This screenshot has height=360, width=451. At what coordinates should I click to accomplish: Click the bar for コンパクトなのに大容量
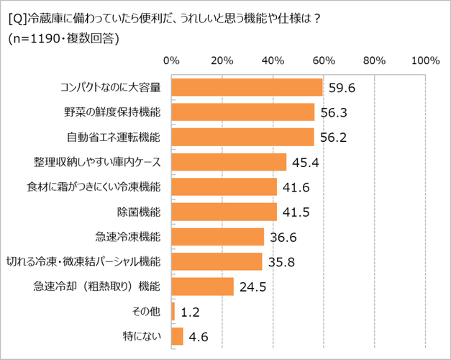coord(247,87)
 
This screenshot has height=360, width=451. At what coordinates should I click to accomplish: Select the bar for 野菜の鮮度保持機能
coord(243,112)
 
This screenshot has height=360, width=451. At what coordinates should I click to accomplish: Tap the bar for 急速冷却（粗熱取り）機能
coord(203,287)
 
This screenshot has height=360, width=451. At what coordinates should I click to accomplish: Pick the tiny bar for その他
coord(173,312)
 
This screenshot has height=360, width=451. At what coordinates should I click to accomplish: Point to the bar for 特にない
coord(178,336)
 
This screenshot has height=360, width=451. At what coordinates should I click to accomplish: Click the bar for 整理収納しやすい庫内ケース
coord(229,162)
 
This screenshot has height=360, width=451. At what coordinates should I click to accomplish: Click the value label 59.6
coord(342,88)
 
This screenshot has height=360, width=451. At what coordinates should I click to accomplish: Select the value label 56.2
coord(334,138)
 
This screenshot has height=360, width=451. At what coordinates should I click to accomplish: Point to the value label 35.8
coord(282,262)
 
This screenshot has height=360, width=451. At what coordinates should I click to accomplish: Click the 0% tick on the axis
coord(172,60)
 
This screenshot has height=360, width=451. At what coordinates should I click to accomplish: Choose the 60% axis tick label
coord(324,60)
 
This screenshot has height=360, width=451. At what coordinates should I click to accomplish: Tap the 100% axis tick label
coord(424,60)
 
